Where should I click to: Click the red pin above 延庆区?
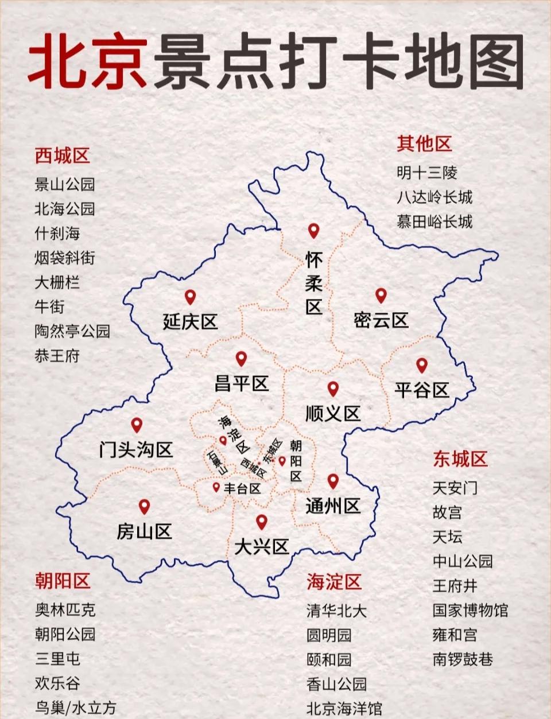point(190,297)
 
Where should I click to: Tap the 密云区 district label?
point(381,320)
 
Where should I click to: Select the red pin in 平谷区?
point(422,365)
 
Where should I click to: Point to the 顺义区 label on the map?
point(332,413)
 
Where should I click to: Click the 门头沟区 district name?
point(136,449)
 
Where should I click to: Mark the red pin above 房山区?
point(144,506)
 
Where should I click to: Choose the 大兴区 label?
point(261,546)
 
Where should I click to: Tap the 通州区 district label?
point(333,506)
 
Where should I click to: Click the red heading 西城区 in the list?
point(62,156)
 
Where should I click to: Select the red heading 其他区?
point(424,143)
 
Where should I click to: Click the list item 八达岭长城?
point(434,197)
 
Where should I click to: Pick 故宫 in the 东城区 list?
point(447,512)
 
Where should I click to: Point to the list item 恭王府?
point(57,356)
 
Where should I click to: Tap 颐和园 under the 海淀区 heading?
point(328,660)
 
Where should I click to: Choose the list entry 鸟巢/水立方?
point(75,708)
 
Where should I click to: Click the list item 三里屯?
point(57,659)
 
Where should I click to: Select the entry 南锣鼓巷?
point(463,659)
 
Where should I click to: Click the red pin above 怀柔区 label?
point(313,231)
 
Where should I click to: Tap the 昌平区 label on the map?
point(242,383)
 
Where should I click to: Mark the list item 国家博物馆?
point(470,610)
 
